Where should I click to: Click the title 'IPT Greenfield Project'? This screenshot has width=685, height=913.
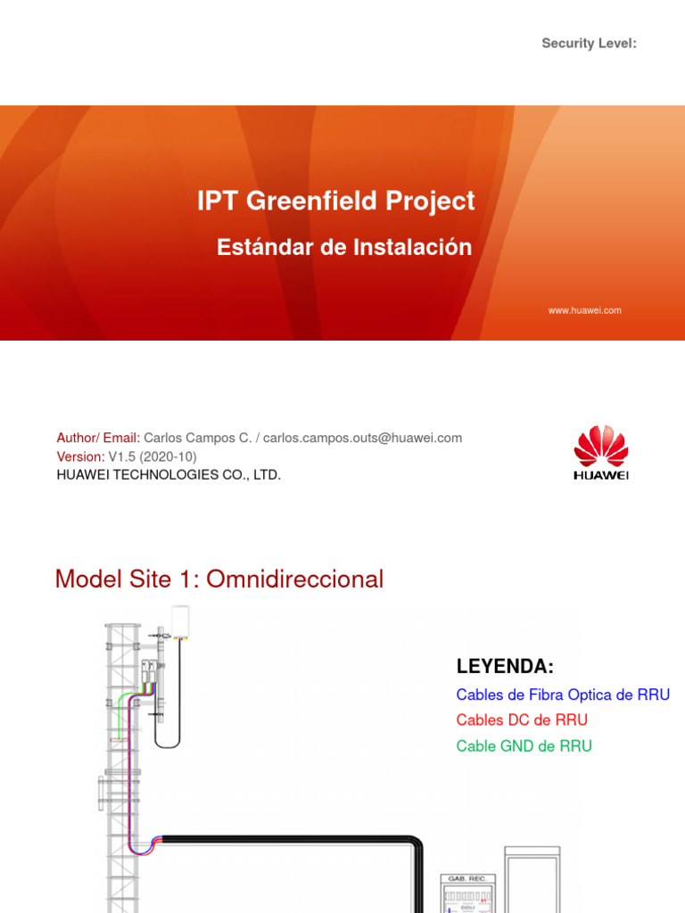tap(336, 202)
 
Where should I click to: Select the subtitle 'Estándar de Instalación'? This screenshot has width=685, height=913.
tap(344, 248)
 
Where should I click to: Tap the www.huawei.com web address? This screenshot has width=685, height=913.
tap(584, 310)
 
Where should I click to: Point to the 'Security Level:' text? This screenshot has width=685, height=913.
tap(589, 44)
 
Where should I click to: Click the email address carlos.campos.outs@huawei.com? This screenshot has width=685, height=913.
tap(362, 438)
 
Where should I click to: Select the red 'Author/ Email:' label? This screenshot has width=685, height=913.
tap(98, 438)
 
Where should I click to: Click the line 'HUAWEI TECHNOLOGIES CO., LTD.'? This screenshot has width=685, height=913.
tap(169, 475)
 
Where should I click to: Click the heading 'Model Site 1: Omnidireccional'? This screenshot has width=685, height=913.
tap(219, 580)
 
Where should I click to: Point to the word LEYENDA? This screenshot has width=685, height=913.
tap(505, 667)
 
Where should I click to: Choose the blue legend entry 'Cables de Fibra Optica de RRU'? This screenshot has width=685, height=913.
tap(563, 695)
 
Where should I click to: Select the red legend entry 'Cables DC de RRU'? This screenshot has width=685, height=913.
tap(522, 720)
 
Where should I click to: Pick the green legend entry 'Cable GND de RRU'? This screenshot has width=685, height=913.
tap(524, 746)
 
